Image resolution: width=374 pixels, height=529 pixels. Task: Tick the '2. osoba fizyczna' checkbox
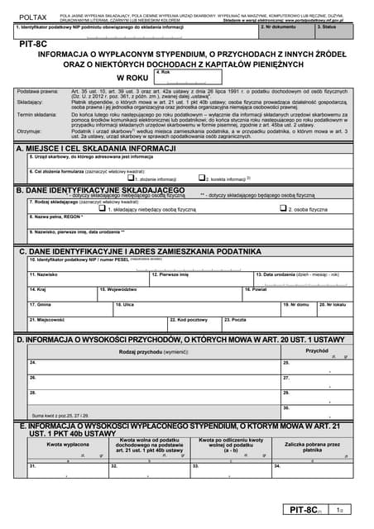(x=284, y=210)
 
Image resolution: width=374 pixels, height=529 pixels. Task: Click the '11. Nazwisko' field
(x=87, y=279)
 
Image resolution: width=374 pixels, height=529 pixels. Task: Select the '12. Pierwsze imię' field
(x=201, y=279)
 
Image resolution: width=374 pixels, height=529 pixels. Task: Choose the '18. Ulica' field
(x=189, y=309)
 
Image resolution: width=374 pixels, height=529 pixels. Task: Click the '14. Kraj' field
(x=61, y=294)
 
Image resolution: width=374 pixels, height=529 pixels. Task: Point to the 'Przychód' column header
(x=317, y=350)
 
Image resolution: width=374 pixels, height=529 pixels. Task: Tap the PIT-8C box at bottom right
(x=309, y=512)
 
